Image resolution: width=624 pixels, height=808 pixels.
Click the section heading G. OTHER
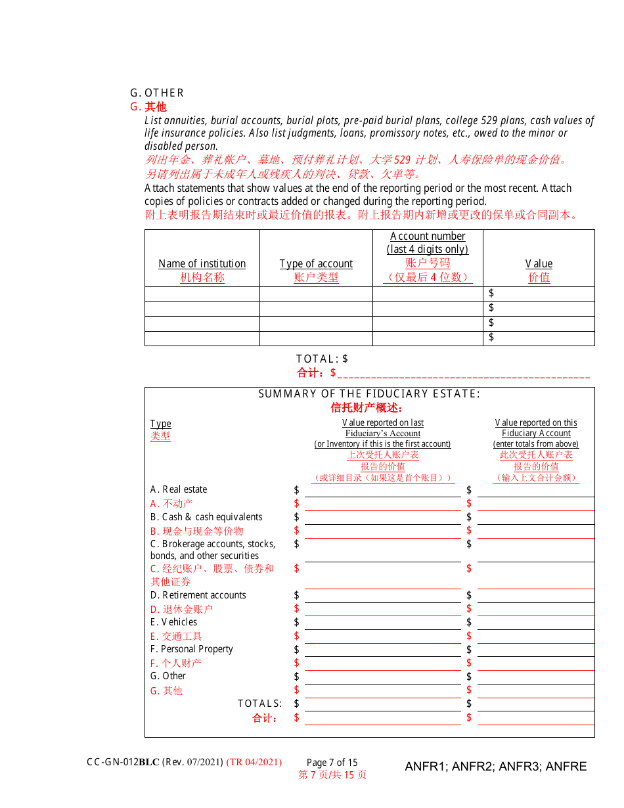coord(157,93)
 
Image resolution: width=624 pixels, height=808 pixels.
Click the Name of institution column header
coord(202,263)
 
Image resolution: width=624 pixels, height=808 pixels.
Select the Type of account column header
coord(316,263)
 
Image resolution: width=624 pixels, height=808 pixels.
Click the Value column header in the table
coord(539,263)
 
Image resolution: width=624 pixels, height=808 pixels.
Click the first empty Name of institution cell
coord(202,294)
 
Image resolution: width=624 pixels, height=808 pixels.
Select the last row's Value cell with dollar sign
coord(539,338)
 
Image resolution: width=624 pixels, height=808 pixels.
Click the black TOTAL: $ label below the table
coord(322,359)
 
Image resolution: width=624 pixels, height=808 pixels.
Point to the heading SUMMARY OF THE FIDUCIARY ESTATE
coord(369,393)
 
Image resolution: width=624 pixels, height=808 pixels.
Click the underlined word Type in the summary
coord(160,424)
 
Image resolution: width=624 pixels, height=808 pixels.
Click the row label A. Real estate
coord(179,489)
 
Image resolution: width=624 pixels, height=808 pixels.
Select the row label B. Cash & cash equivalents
coord(206,517)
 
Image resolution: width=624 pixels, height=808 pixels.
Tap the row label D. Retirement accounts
coord(198,595)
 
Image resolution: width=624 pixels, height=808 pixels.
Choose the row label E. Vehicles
coord(173,622)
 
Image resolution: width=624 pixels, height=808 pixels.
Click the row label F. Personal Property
coord(191,649)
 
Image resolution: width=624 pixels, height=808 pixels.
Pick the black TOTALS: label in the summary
coord(259,704)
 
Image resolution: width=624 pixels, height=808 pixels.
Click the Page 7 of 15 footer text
coord(332,762)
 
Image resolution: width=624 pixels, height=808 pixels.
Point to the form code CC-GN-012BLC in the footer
coord(123,762)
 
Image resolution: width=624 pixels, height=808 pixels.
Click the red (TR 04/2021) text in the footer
coord(254,762)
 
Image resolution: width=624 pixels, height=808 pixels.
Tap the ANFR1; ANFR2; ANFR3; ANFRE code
coord(495,767)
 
